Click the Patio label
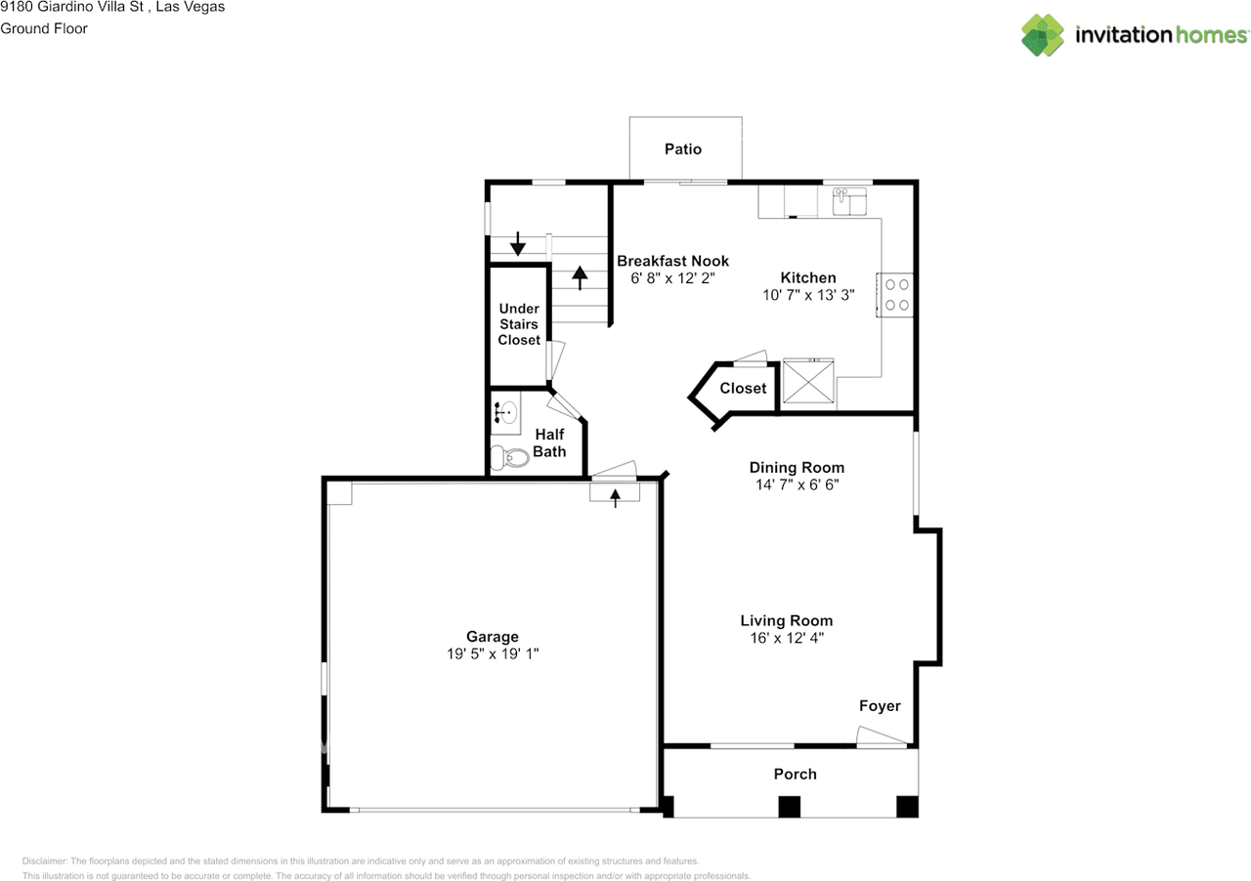click(683, 149)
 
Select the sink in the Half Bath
click(506, 412)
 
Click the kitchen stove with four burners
click(897, 295)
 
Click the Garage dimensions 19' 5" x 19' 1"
click(494, 654)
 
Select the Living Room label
click(786, 620)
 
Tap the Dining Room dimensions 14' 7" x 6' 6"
click(797, 484)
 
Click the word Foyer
click(880, 706)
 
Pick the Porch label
click(795, 774)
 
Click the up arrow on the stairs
click(580, 278)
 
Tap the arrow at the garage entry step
click(615, 498)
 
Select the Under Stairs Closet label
click(519, 324)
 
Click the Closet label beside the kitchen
click(743, 388)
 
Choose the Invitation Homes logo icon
click(1043, 35)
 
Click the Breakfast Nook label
click(672, 261)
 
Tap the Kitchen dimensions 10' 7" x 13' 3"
click(808, 294)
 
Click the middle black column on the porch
click(789, 807)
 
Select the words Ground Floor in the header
click(44, 28)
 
